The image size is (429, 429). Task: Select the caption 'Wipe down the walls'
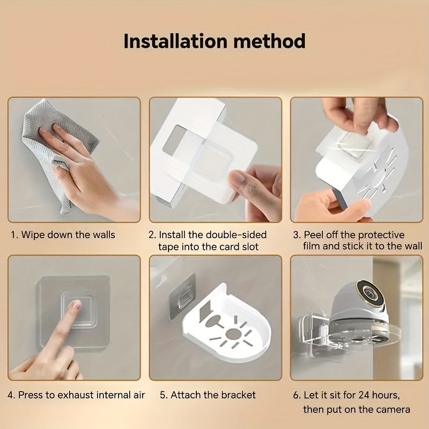coord(68,235)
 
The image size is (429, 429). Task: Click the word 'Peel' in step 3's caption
coord(314,235)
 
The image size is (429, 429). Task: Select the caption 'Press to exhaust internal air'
coord(82,395)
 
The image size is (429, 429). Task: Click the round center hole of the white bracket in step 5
coord(233,334)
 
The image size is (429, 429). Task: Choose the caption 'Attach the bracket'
coord(213,395)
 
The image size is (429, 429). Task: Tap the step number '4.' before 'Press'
coord(12,395)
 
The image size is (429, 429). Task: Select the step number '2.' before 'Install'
coord(152,235)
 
